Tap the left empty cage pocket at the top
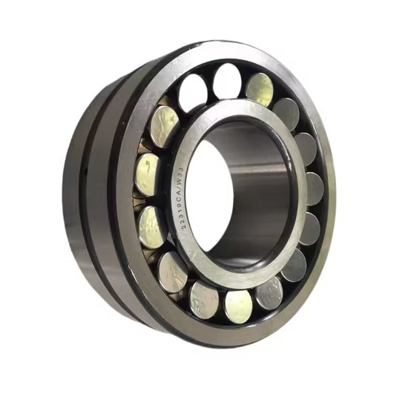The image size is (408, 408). pos(193,93)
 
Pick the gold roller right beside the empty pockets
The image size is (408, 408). pos(260,90)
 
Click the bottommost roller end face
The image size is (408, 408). pos(238,307)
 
